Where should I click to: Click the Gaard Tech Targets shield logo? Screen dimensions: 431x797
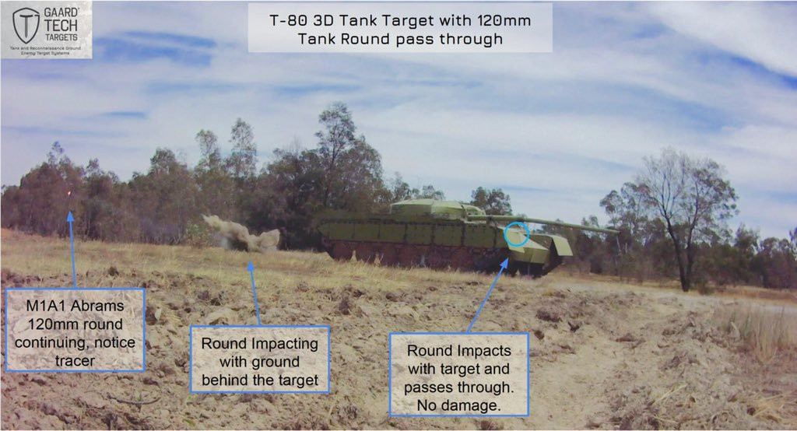tap(26, 24)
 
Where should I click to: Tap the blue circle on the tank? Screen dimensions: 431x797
tap(517, 233)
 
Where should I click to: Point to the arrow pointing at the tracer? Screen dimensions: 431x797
tap(72, 249)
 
